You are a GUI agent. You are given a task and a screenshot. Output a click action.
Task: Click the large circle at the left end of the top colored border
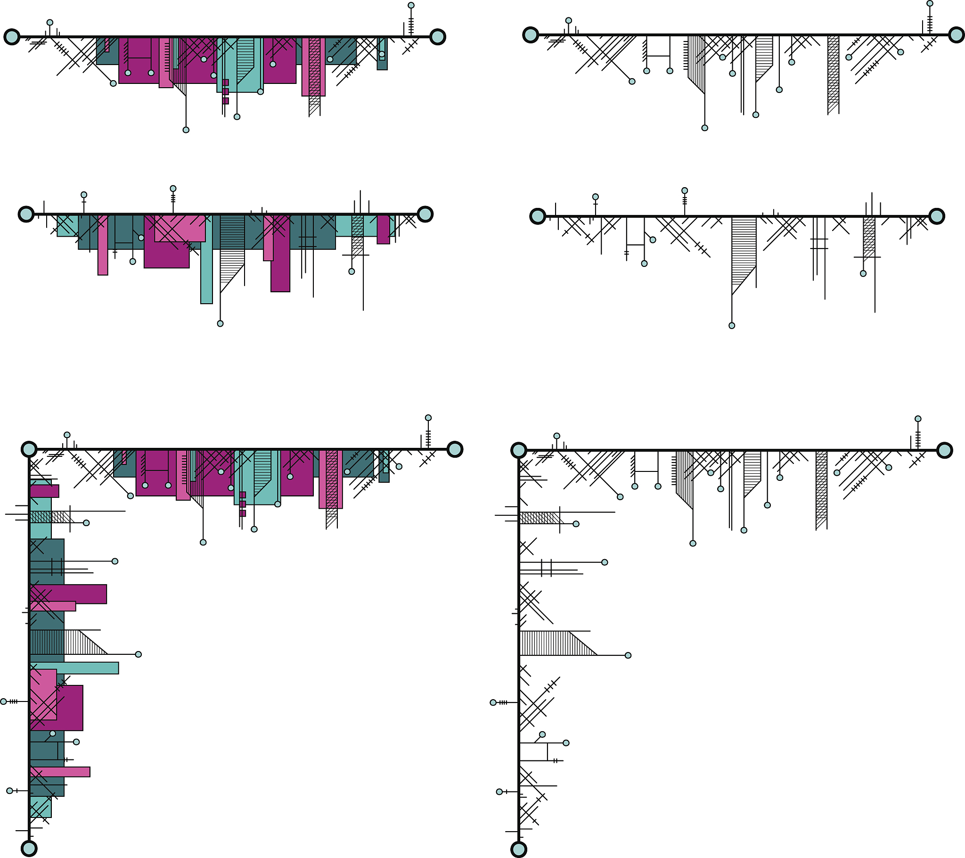point(12,37)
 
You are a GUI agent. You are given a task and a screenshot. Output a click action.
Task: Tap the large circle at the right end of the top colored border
point(438,37)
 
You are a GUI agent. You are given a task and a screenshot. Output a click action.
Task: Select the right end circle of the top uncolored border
point(957,35)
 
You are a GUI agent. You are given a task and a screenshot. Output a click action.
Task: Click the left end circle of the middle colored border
point(26,214)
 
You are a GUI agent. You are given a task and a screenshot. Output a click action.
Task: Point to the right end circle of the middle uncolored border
point(937,216)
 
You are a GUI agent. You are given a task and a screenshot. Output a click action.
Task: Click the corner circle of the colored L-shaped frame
point(29,449)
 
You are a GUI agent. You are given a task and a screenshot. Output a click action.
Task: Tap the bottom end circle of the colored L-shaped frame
point(29,848)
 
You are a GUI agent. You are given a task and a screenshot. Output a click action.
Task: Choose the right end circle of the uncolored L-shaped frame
point(945,450)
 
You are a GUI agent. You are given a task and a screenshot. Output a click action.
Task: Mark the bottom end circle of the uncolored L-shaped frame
point(519,849)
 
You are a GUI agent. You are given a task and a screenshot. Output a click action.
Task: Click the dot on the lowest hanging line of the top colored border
point(186,130)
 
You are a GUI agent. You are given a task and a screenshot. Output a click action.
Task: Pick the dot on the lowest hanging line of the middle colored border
point(220,324)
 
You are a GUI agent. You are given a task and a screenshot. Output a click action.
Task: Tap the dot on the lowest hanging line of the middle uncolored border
point(732,326)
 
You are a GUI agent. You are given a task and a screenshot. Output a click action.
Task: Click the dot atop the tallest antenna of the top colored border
point(411,6)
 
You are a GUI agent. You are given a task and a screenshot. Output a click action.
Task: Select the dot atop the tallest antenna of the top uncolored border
point(930,3)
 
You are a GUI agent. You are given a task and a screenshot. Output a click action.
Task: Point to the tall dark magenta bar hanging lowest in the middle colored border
point(280,264)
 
